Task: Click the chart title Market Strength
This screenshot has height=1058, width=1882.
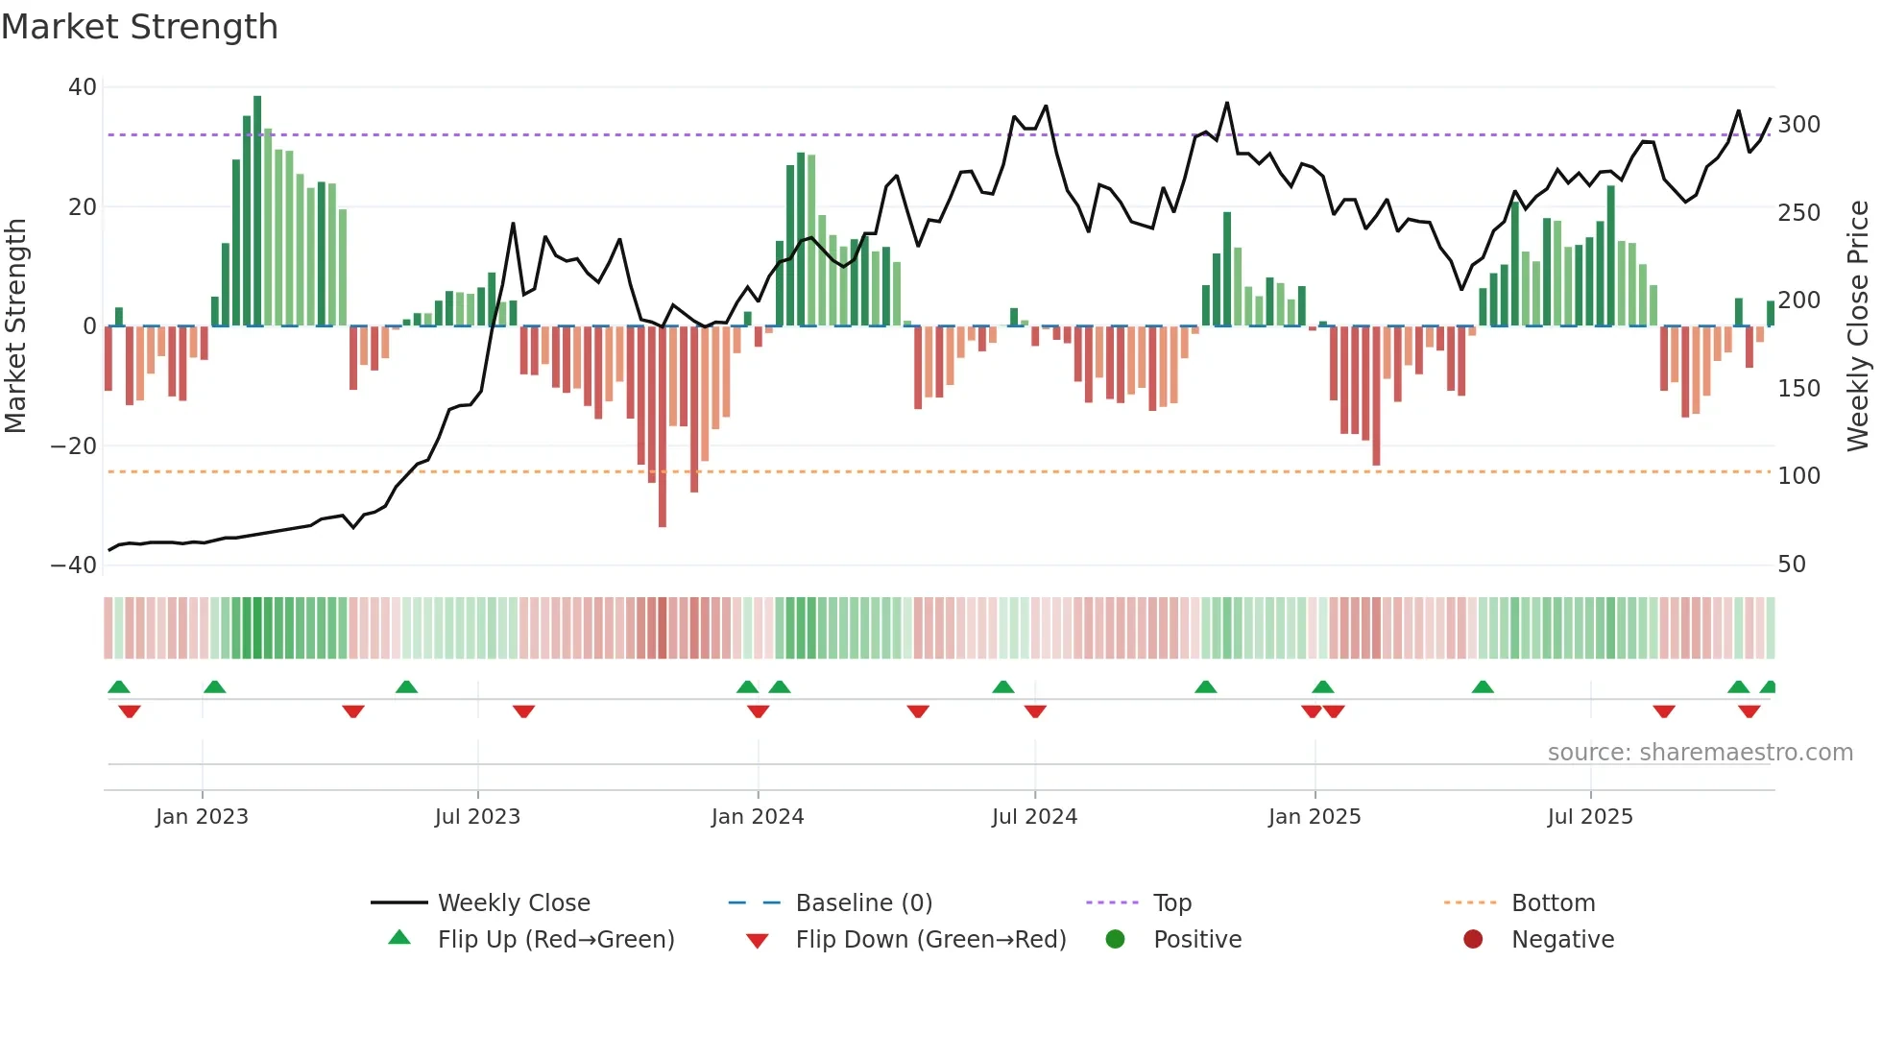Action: [x=139, y=27]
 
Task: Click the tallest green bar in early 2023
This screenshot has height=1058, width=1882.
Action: [x=257, y=211]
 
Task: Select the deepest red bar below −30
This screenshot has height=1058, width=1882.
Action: [x=663, y=427]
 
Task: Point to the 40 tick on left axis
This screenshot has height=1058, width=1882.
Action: [x=83, y=87]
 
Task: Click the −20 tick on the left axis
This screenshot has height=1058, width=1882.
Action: [x=74, y=446]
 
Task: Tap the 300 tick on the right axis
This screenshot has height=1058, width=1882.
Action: [x=1798, y=125]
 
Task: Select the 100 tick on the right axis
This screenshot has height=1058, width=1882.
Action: [x=1798, y=476]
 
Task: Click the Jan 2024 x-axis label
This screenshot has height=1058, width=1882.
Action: [x=758, y=817]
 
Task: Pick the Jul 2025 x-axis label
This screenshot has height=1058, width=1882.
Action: [x=1590, y=817]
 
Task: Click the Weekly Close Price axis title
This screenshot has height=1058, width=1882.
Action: [x=1858, y=326]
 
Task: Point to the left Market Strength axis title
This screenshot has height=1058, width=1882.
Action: [x=16, y=326]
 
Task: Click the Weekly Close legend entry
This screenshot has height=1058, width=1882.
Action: [x=514, y=903]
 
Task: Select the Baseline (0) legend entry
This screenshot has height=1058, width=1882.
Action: [x=863, y=903]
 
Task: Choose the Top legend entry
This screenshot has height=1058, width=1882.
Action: [x=1171, y=903]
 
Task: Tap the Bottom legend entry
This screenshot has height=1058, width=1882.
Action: [x=1553, y=903]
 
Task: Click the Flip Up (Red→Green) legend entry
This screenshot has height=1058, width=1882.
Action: [x=555, y=940]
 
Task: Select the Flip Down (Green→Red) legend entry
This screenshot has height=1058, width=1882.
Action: [x=930, y=940]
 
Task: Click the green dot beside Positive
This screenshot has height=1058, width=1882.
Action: [x=1115, y=940]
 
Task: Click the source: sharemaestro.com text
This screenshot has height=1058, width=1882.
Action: [x=1700, y=753]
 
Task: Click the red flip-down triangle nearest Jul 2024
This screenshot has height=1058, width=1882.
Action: [x=1035, y=711]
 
